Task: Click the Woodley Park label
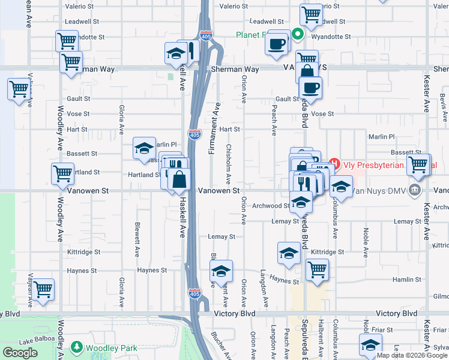tap(111, 348)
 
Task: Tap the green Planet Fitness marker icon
tap(297, 35)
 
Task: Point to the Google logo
tap(20, 353)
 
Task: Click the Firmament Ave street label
tap(212, 128)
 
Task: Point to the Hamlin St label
tap(406, 280)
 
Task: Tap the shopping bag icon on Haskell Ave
tap(179, 179)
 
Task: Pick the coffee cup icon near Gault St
tap(310, 87)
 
